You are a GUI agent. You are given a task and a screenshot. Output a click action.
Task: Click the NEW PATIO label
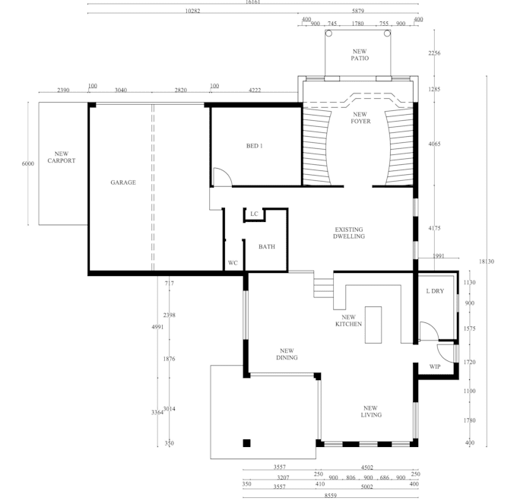tap(360, 55)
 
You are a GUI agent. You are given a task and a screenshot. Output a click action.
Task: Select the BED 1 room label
tap(254, 146)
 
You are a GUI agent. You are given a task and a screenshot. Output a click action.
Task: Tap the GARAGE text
tap(123, 182)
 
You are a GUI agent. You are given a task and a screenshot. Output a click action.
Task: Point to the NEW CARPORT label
tap(62, 157)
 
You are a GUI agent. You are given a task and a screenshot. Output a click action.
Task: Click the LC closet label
tap(254, 214)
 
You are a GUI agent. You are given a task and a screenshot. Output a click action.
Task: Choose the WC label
tap(233, 263)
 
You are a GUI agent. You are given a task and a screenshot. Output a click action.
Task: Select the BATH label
tap(266, 246)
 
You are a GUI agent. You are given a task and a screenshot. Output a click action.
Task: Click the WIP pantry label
tap(435, 367)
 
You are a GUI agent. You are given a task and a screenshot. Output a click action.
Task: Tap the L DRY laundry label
tap(435, 291)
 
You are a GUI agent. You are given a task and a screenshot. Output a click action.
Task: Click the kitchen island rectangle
tap(373, 325)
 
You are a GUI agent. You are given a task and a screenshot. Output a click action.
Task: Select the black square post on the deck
tap(246, 443)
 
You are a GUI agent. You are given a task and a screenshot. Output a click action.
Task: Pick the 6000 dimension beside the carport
tap(28, 163)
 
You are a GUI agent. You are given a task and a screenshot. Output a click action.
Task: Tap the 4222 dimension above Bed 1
tap(255, 90)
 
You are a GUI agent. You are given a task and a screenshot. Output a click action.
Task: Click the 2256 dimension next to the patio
tap(434, 53)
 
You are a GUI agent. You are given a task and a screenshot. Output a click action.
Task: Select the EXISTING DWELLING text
tap(349, 233)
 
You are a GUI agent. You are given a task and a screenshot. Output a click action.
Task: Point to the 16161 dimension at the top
tap(252, 2)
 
